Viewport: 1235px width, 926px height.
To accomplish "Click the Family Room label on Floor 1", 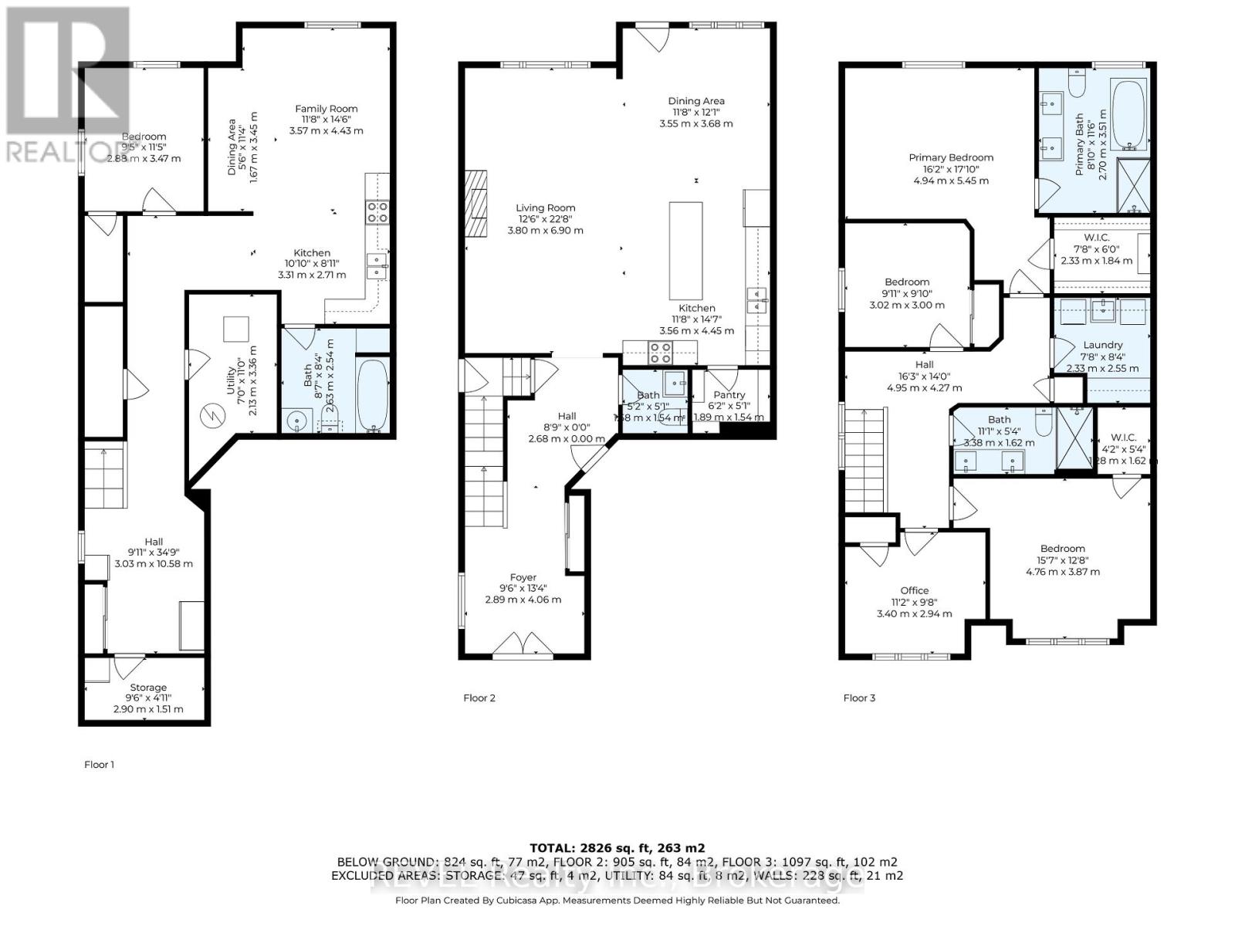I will [x=327, y=109].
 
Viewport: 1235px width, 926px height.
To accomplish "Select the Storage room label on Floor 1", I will [x=148, y=688].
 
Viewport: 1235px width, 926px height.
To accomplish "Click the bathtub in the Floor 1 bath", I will [x=374, y=396].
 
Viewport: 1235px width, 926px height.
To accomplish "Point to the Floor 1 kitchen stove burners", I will [x=377, y=212].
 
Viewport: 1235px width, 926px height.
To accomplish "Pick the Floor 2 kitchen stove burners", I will [x=660, y=353].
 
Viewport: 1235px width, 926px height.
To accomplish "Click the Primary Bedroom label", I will [x=951, y=157].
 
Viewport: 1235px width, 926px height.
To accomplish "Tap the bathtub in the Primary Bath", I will [x=1128, y=114].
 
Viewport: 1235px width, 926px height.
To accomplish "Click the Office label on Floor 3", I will [x=915, y=590].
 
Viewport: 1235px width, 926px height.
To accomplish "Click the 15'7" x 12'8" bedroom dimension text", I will [x=1063, y=560].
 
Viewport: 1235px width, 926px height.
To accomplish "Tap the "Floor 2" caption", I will [x=479, y=698].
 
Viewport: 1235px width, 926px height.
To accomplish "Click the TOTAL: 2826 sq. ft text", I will [x=617, y=847].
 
